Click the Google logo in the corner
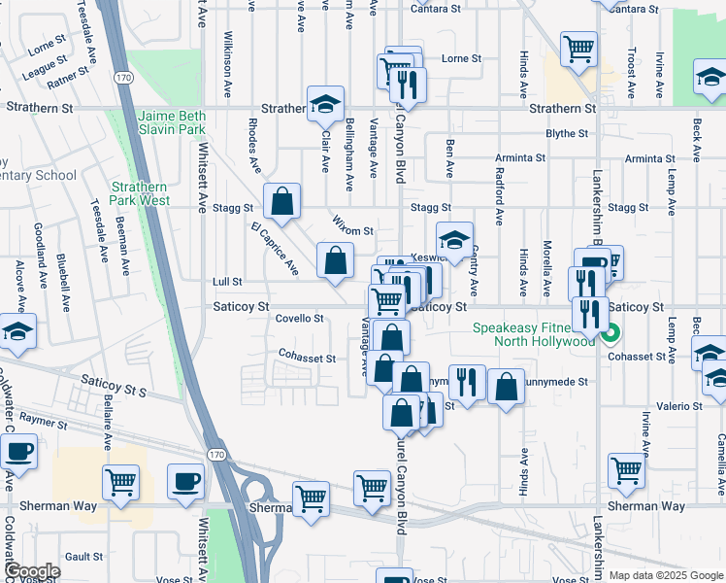31,571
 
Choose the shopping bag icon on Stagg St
281,202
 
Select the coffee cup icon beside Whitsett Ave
185,481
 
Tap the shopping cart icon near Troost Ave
578,47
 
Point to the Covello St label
299,318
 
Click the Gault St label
84,556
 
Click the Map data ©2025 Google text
665,575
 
